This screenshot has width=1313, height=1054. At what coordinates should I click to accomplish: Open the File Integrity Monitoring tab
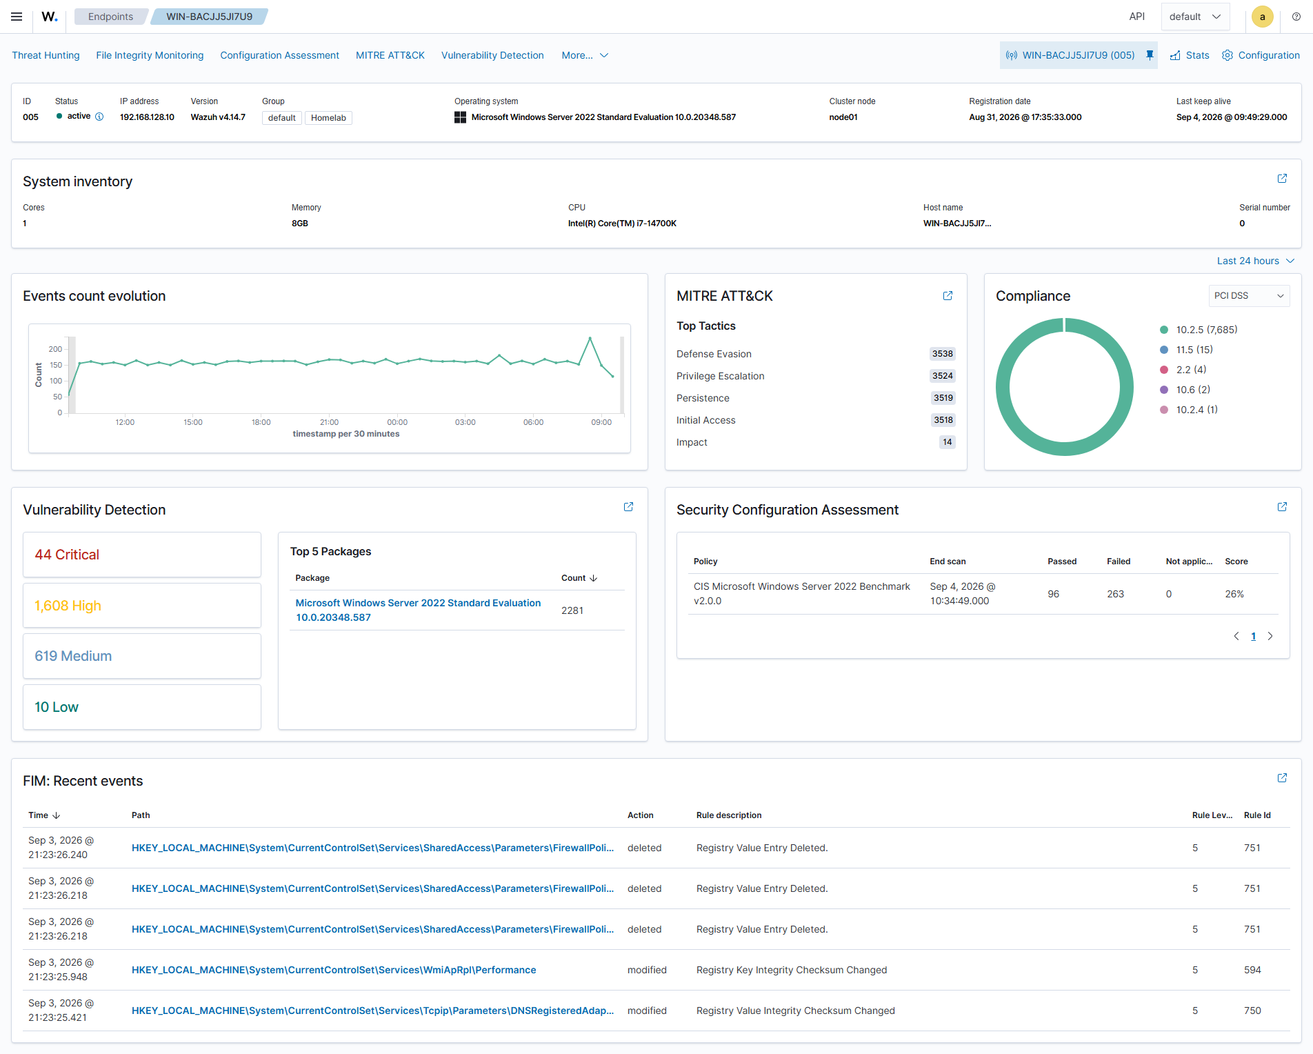tap(150, 55)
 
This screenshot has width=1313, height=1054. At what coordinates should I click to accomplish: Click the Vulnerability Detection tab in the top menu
tap(492, 55)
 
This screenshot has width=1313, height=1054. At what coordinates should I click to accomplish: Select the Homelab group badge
tap(328, 118)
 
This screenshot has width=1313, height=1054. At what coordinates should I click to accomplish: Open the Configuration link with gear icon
tap(1261, 55)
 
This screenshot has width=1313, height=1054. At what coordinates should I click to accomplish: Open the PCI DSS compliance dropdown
tap(1249, 296)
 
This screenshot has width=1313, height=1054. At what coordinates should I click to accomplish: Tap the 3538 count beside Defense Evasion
tap(943, 354)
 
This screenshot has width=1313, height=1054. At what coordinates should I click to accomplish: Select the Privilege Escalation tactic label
tap(720, 376)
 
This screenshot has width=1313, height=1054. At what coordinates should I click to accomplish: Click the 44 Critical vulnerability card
tap(142, 555)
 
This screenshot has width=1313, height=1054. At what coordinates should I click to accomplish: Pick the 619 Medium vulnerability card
tap(142, 656)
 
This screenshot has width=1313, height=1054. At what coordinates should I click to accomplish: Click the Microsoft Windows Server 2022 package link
tap(418, 610)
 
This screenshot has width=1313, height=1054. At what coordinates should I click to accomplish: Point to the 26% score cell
tap(1234, 594)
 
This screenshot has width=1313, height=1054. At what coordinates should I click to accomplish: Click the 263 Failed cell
tap(1115, 594)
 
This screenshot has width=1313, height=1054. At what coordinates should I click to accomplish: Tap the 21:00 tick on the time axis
tap(329, 422)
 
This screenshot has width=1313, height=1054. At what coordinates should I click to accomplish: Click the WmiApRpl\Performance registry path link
tap(334, 970)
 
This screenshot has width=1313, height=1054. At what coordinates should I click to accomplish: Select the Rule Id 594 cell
tap(1252, 970)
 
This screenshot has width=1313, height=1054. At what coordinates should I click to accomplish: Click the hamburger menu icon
tap(17, 17)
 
